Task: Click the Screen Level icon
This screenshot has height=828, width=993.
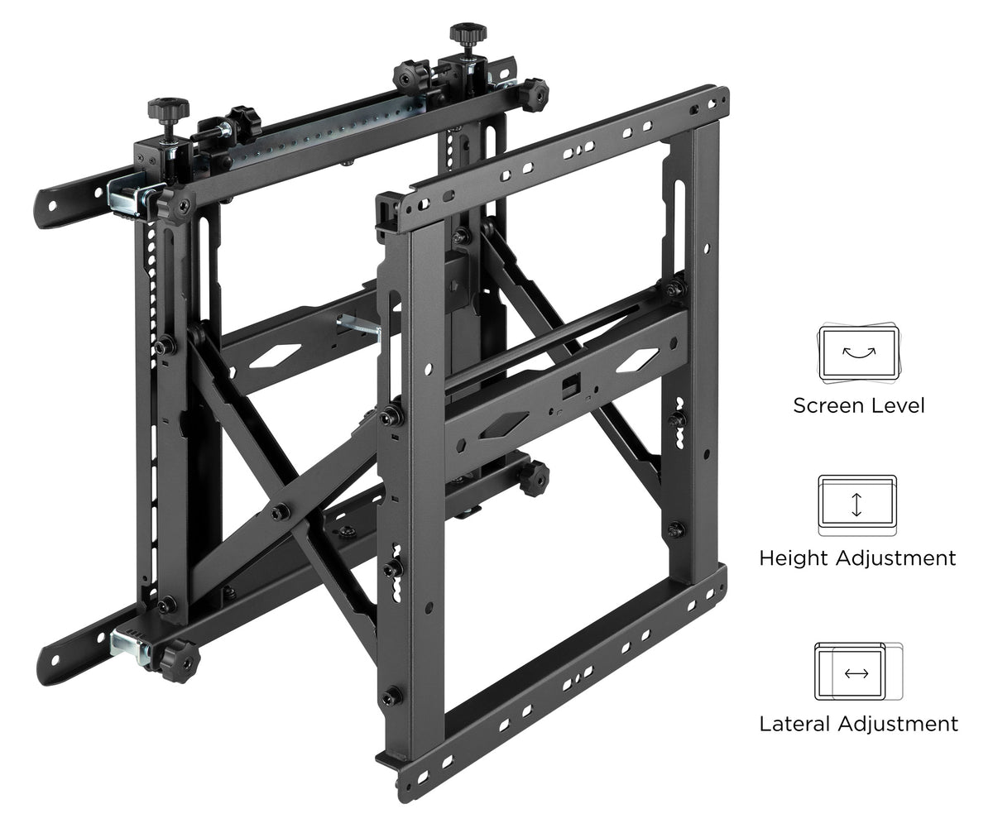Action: (x=858, y=352)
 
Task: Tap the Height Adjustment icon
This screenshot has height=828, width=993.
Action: (x=857, y=505)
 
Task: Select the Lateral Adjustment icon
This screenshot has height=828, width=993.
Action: (x=858, y=672)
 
